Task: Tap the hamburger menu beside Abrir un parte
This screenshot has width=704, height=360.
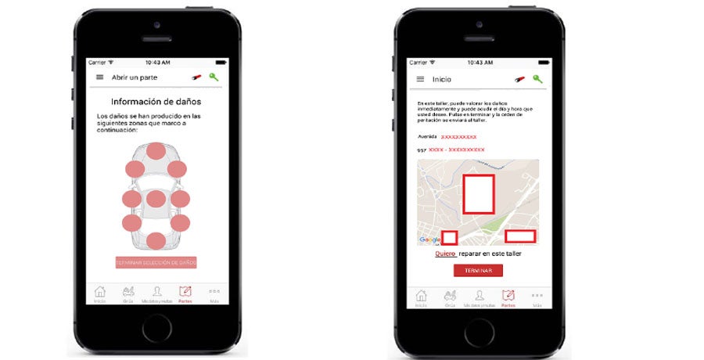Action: point(99,77)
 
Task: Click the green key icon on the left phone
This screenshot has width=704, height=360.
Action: point(213,77)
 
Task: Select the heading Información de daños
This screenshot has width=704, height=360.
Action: point(156,102)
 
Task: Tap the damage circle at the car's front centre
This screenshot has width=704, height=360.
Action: point(156,151)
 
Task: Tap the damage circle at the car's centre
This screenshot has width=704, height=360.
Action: point(156,199)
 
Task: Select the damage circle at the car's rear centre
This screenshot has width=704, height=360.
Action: point(156,241)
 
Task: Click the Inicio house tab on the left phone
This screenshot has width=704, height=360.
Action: point(100,293)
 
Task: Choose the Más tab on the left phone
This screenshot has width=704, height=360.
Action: point(214,293)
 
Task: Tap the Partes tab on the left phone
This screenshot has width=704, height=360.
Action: point(185,293)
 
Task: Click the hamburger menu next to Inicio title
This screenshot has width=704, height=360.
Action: point(420,79)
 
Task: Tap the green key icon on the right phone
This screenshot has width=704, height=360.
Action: point(537,79)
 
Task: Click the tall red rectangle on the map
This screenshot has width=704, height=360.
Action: point(478,194)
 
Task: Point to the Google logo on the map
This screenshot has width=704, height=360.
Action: point(429,239)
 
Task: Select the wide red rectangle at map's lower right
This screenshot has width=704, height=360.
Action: point(520,236)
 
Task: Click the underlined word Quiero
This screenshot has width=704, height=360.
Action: point(445,254)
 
